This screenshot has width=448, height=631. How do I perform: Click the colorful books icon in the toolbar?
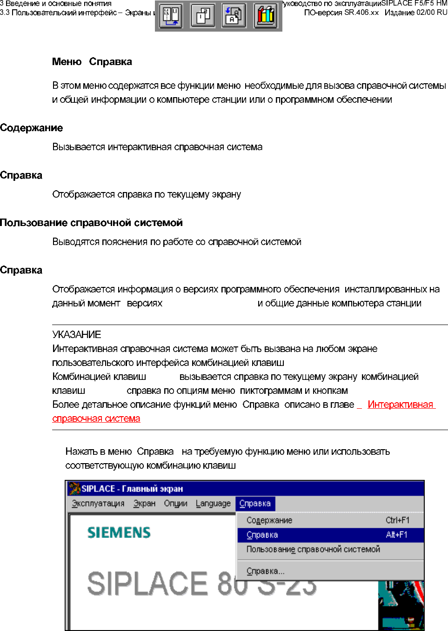pyautogui.click(x=266, y=16)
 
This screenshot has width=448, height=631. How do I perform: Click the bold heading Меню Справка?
pyautogui.click(x=92, y=62)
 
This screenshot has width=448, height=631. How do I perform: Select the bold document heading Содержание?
pyautogui.click(x=31, y=128)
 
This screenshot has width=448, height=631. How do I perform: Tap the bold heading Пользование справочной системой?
pyautogui.click(x=91, y=223)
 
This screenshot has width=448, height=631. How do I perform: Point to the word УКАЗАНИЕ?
pyautogui.click(x=76, y=335)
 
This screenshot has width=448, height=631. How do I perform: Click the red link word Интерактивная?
pyautogui.click(x=400, y=405)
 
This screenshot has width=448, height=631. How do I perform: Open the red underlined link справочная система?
pyautogui.click(x=96, y=418)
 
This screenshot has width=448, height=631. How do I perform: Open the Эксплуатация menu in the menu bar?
pyautogui.click(x=98, y=504)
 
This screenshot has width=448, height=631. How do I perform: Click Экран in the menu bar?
pyautogui.click(x=144, y=504)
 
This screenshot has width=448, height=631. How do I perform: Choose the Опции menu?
pyautogui.click(x=175, y=504)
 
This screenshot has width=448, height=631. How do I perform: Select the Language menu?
pyautogui.click(x=213, y=504)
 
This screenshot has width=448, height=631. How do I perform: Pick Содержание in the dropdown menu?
pyautogui.click(x=269, y=520)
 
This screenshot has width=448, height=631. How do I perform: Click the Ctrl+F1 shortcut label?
pyautogui.click(x=397, y=520)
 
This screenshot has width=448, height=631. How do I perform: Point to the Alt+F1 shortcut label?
pyautogui.click(x=396, y=535)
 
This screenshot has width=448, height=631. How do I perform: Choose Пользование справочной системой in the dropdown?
pyautogui.click(x=313, y=549)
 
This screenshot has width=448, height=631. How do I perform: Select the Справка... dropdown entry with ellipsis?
pyautogui.click(x=265, y=571)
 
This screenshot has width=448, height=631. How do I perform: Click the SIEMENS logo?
pyautogui.click(x=119, y=532)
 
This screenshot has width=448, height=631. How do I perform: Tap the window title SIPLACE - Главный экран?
pyautogui.click(x=132, y=489)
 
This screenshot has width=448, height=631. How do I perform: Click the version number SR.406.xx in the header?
pyautogui.click(x=361, y=13)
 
